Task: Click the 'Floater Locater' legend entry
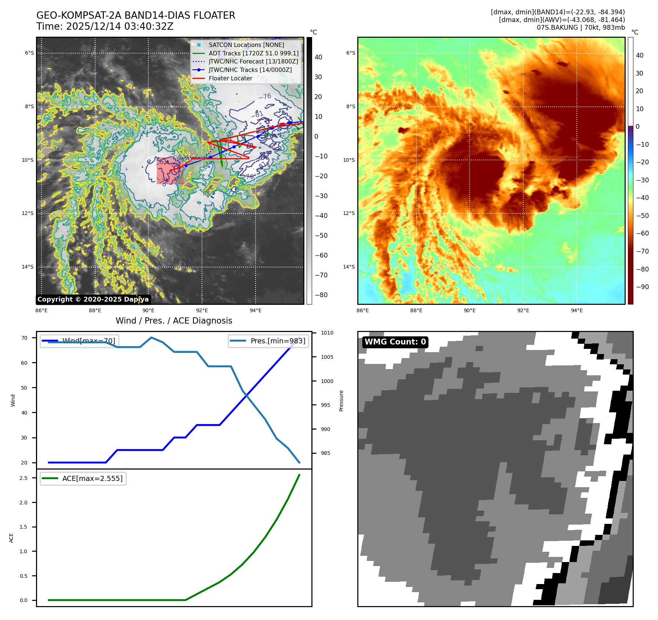pos(230,78)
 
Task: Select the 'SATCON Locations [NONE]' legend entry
pos(246,45)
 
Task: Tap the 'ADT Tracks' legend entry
pos(253,53)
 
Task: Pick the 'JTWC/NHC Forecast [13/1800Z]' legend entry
pos(253,62)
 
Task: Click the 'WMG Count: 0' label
pos(395,342)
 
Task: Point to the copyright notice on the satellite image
pos(93,299)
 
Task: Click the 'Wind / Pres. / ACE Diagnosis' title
pos(174,321)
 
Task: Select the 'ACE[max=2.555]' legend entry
pos(92,478)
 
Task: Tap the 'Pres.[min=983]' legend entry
pos(278,341)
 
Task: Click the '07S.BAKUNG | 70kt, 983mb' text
pos(581,28)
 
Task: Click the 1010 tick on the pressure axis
pos(327,333)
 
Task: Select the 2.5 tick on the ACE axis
pos(23,478)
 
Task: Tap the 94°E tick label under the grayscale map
pos(256,310)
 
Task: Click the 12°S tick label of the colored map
pos(349,213)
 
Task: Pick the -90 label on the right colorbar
pos(642,287)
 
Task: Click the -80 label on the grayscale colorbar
pos(321,295)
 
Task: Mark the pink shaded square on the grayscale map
pos(170,171)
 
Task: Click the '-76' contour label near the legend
pos(265,96)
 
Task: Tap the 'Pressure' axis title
pos(341,401)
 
